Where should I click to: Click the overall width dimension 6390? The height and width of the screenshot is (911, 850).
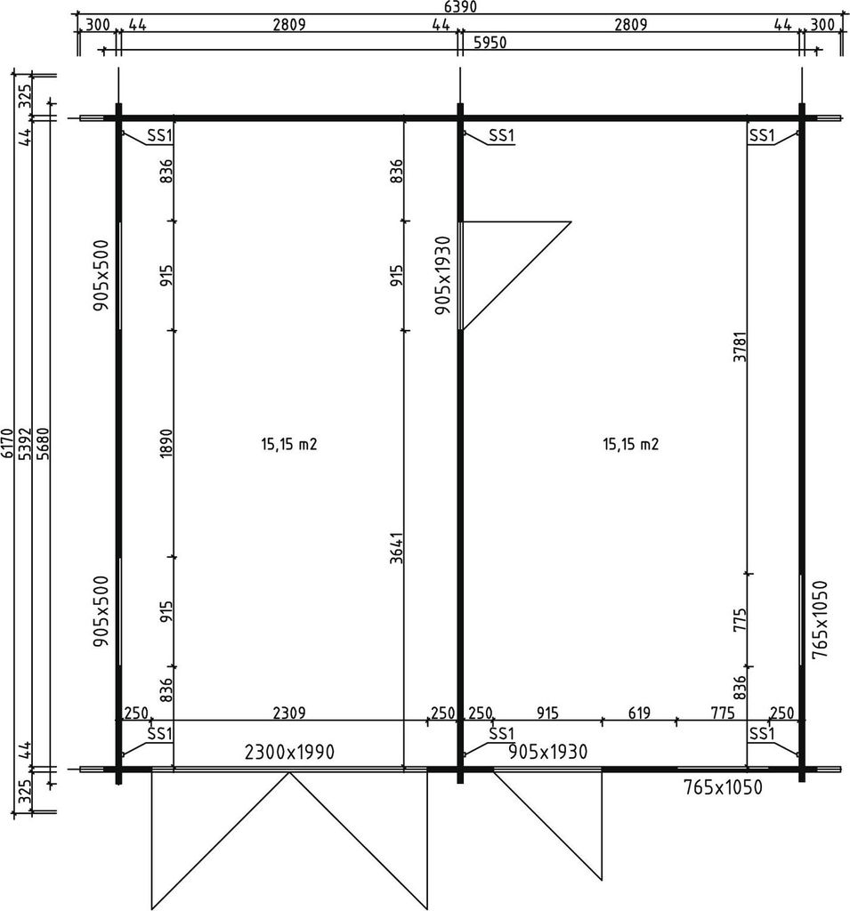(460, 6)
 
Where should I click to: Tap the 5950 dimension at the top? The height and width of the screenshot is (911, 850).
(490, 43)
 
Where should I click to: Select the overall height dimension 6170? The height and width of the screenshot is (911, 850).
(7, 444)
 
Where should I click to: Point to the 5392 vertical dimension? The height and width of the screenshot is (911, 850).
(24, 444)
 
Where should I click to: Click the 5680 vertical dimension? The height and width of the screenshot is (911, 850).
(43, 444)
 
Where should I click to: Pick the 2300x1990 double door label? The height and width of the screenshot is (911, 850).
(289, 753)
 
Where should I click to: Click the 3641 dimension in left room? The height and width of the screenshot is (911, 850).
(396, 547)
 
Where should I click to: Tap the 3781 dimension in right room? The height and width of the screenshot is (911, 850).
(740, 347)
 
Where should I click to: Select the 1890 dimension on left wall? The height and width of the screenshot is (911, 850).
(166, 444)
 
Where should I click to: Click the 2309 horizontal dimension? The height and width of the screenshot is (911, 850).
(289, 713)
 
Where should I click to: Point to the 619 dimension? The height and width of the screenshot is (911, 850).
(639, 713)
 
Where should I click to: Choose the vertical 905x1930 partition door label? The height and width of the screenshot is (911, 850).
(443, 275)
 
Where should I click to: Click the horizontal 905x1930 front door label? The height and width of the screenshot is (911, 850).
(547, 752)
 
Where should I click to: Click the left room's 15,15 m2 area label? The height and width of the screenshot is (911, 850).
(289, 445)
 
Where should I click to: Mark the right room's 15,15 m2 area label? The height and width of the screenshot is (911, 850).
(631, 445)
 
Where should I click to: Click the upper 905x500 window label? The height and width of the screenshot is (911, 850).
(101, 275)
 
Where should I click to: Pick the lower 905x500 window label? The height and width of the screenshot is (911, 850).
(101, 611)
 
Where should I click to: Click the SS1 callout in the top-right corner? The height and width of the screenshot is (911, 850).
(762, 135)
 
